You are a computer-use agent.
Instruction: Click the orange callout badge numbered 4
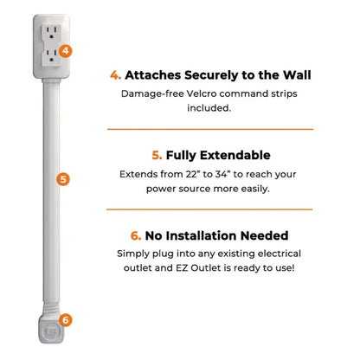point(67,51)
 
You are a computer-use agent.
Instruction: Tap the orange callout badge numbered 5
point(62,180)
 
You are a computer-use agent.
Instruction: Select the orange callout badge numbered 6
point(67,319)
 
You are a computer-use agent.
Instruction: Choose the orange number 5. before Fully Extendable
point(157,156)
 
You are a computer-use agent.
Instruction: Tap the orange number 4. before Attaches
point(116,74)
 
